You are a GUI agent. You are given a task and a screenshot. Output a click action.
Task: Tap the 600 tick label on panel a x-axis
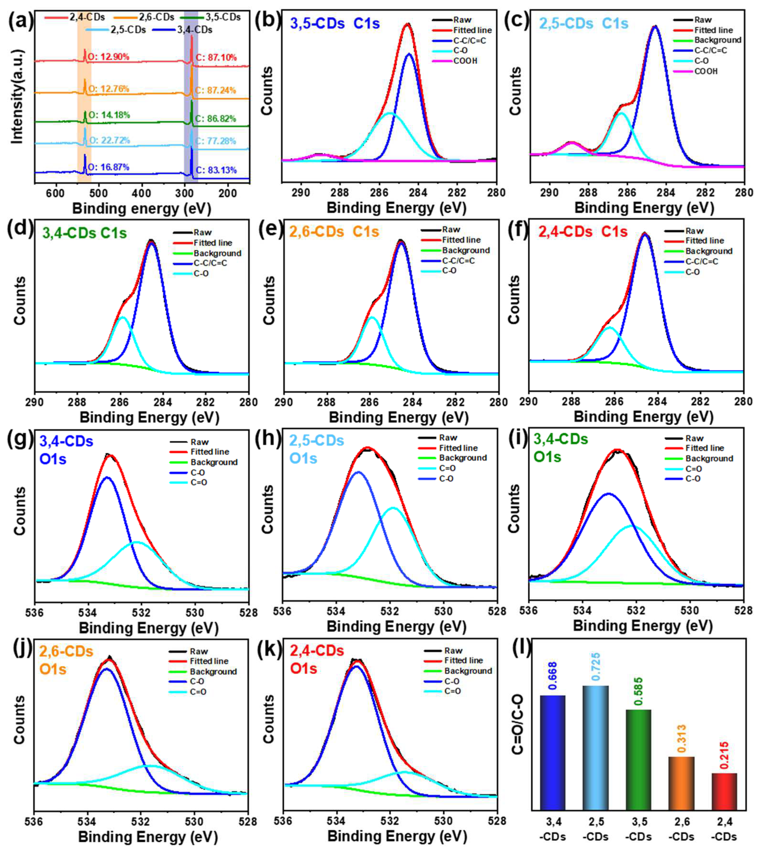coord(56,193)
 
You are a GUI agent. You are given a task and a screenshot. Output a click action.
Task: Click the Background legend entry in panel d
coord(217,253)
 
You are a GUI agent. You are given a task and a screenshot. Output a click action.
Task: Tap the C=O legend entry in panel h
coord(447,468)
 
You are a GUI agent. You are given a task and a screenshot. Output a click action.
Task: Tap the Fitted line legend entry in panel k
coord(464,661)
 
